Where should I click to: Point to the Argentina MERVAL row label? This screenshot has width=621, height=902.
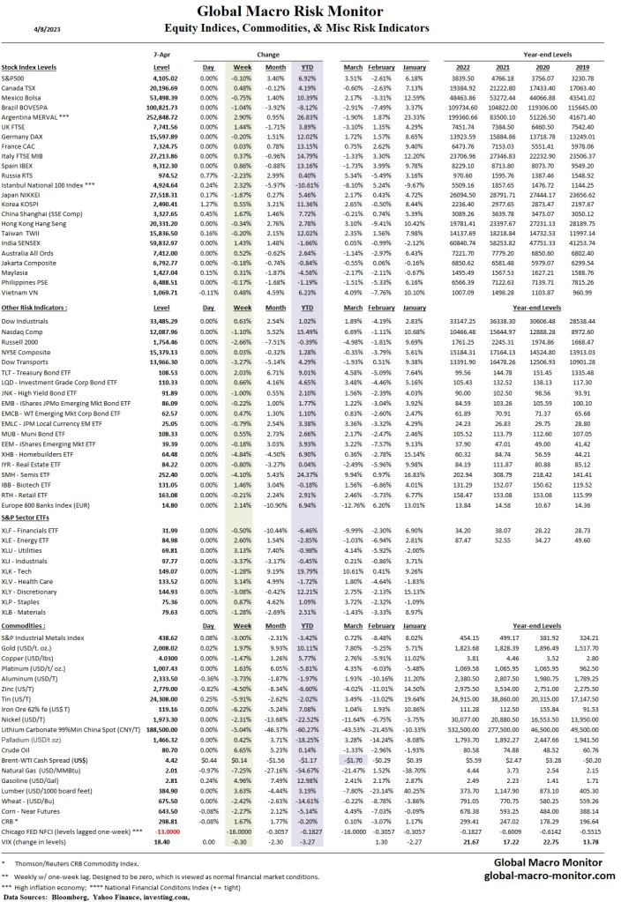39,116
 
